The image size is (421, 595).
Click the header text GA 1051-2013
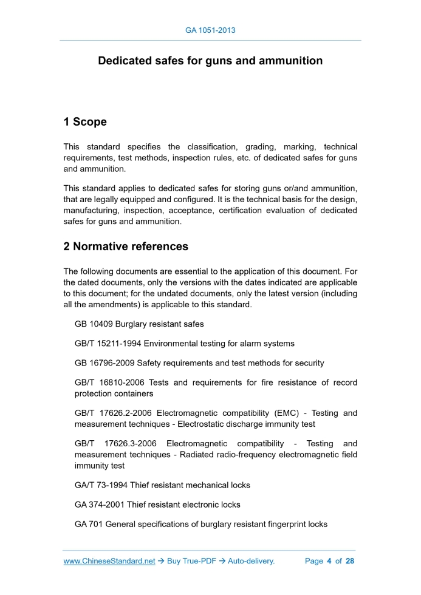point(210,30)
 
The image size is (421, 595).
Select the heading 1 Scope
point(85,121)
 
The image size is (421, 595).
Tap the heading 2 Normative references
point(126,246)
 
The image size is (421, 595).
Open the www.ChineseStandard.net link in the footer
point(109,561)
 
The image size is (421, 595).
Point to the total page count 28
point(350,561)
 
